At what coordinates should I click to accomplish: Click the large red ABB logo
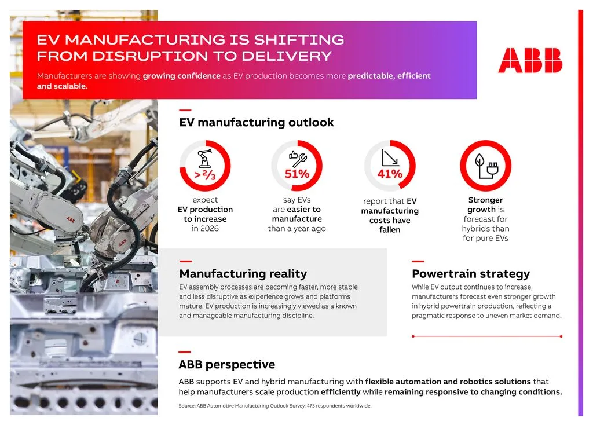[530, 60]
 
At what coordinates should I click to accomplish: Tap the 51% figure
[296, 174]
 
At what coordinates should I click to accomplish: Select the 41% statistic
[389, 174]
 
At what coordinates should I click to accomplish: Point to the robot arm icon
[204, 157]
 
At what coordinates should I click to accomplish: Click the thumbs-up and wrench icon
[298, 158]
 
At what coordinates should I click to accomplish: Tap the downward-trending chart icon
[389, 157]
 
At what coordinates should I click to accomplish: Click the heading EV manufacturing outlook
[257, 122]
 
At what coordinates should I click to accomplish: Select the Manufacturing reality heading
[243, 274]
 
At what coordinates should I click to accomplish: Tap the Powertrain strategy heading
[471, 274]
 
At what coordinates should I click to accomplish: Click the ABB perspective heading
[226, 365]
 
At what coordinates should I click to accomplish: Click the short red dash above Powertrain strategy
[418, 262]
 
